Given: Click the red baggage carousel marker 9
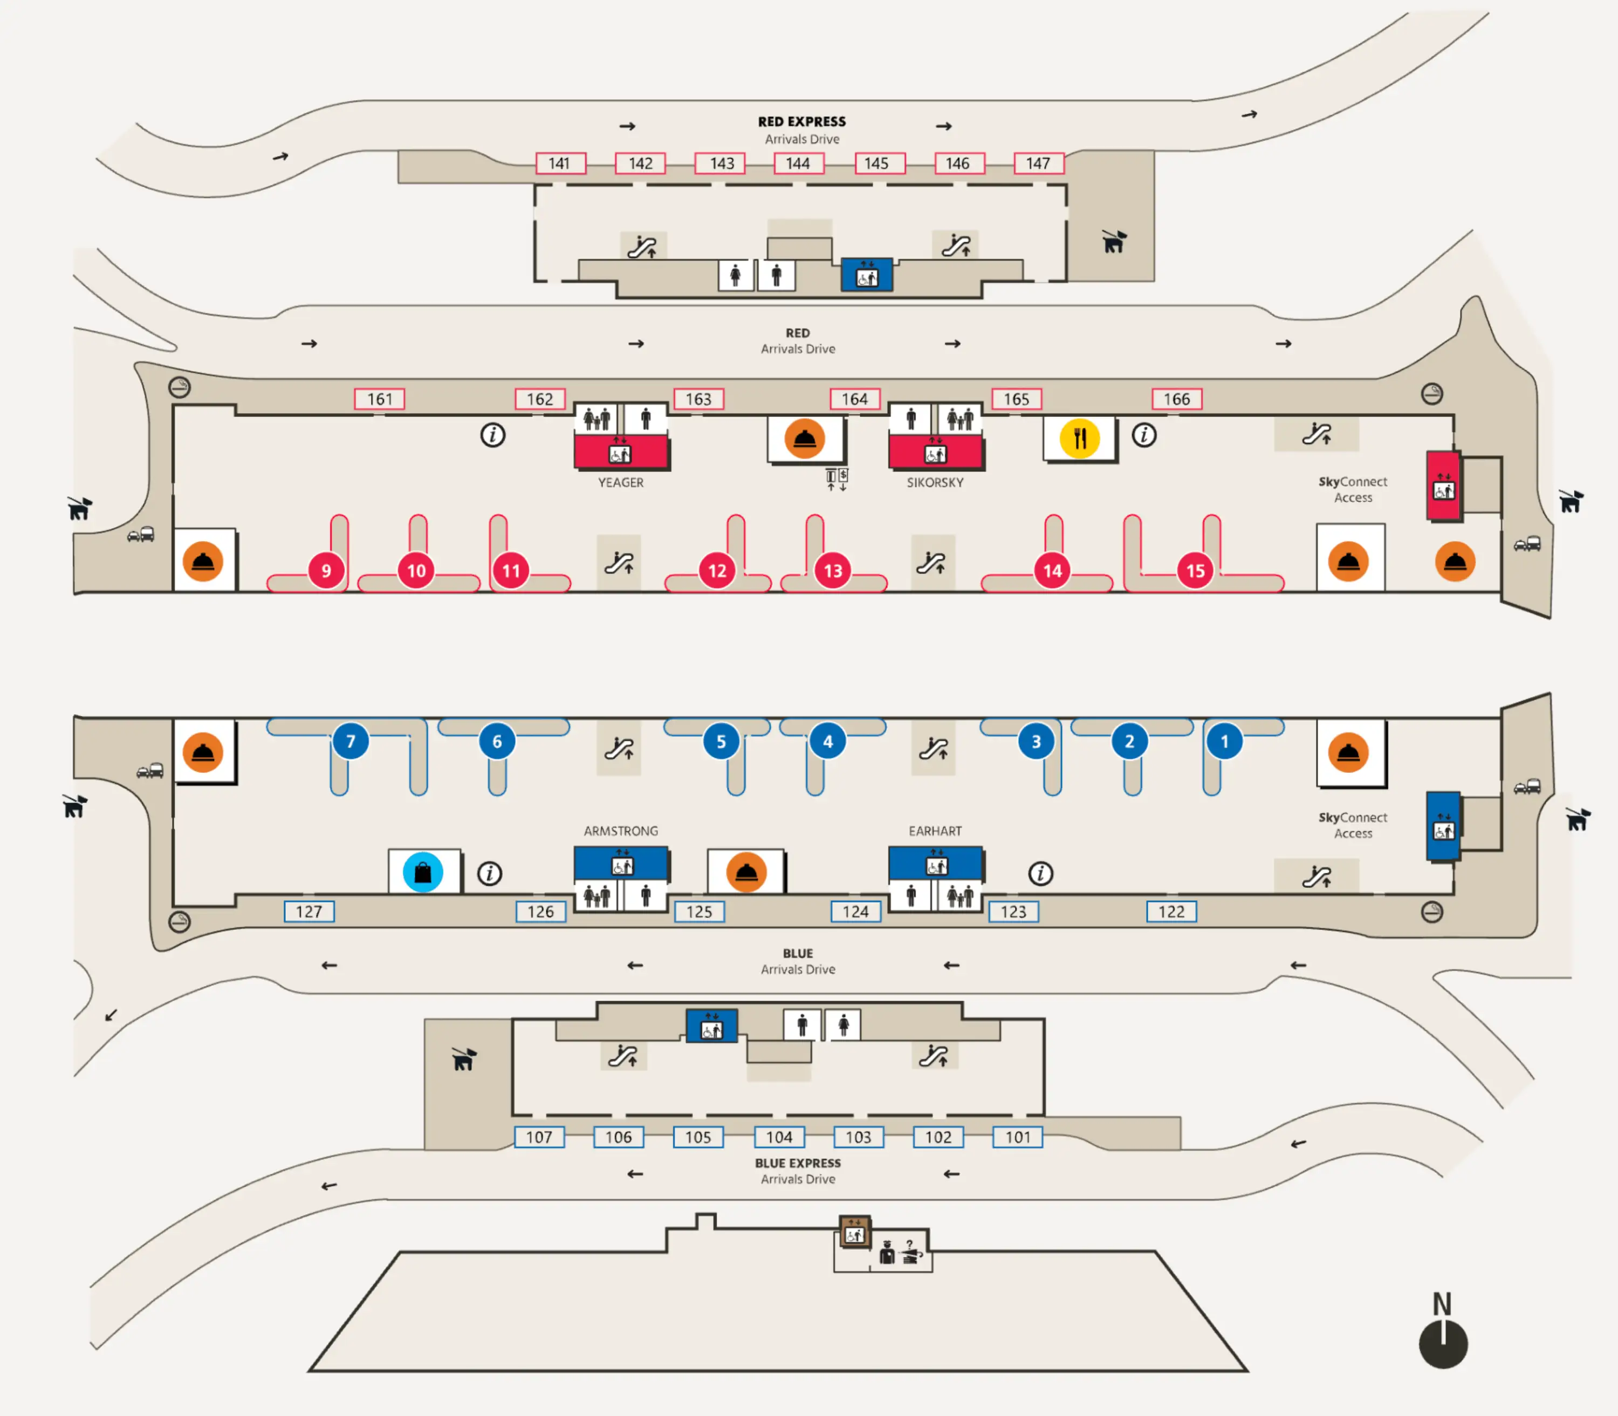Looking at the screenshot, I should point(326,571).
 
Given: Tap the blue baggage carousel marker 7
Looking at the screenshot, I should point(350,741).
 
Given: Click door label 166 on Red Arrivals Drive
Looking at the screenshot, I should point(1176,399).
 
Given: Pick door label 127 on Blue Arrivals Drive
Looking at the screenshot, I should point(309,911).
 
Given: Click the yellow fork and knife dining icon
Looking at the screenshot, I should point(1079,438).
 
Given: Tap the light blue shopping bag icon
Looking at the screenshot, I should point(423,872).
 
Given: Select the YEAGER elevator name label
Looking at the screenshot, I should point(620,482).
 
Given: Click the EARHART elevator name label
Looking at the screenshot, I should point(935,831).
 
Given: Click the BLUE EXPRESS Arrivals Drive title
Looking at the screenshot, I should point(797,1170).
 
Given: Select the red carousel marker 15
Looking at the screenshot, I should point(1195,571).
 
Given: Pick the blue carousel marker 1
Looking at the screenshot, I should point(1224,741).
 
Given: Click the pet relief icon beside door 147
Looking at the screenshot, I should point(1113,241).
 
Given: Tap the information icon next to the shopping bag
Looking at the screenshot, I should point(489,873).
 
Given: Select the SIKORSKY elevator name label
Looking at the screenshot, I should point(935,482).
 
